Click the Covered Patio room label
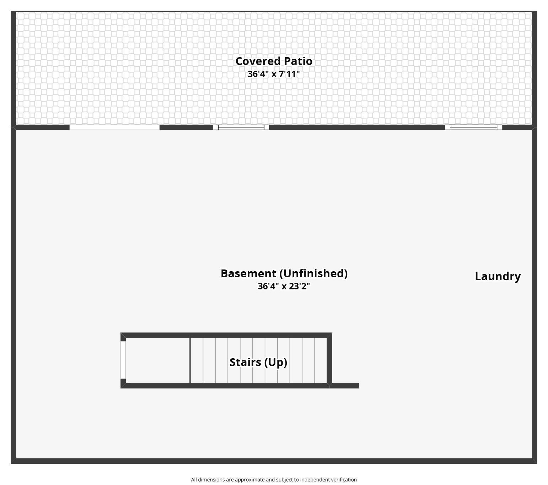[274, 61]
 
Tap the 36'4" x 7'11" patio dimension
[274, 74]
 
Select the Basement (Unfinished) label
[284, 273]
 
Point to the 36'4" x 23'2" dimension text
[284, 286]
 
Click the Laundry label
[498, 276]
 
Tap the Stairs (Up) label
[258, 362]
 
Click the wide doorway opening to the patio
[114, 127]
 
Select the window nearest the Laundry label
[473, 127]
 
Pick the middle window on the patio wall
[241, 127]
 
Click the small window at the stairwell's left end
[123, 360]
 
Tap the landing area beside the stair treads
[158, 361]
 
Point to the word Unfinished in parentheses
[313, 273]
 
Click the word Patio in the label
[298, 61]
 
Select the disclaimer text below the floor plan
[274, 480]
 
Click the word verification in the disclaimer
[344, 480]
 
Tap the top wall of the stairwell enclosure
[226, 335]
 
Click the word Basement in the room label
[248, 273]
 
